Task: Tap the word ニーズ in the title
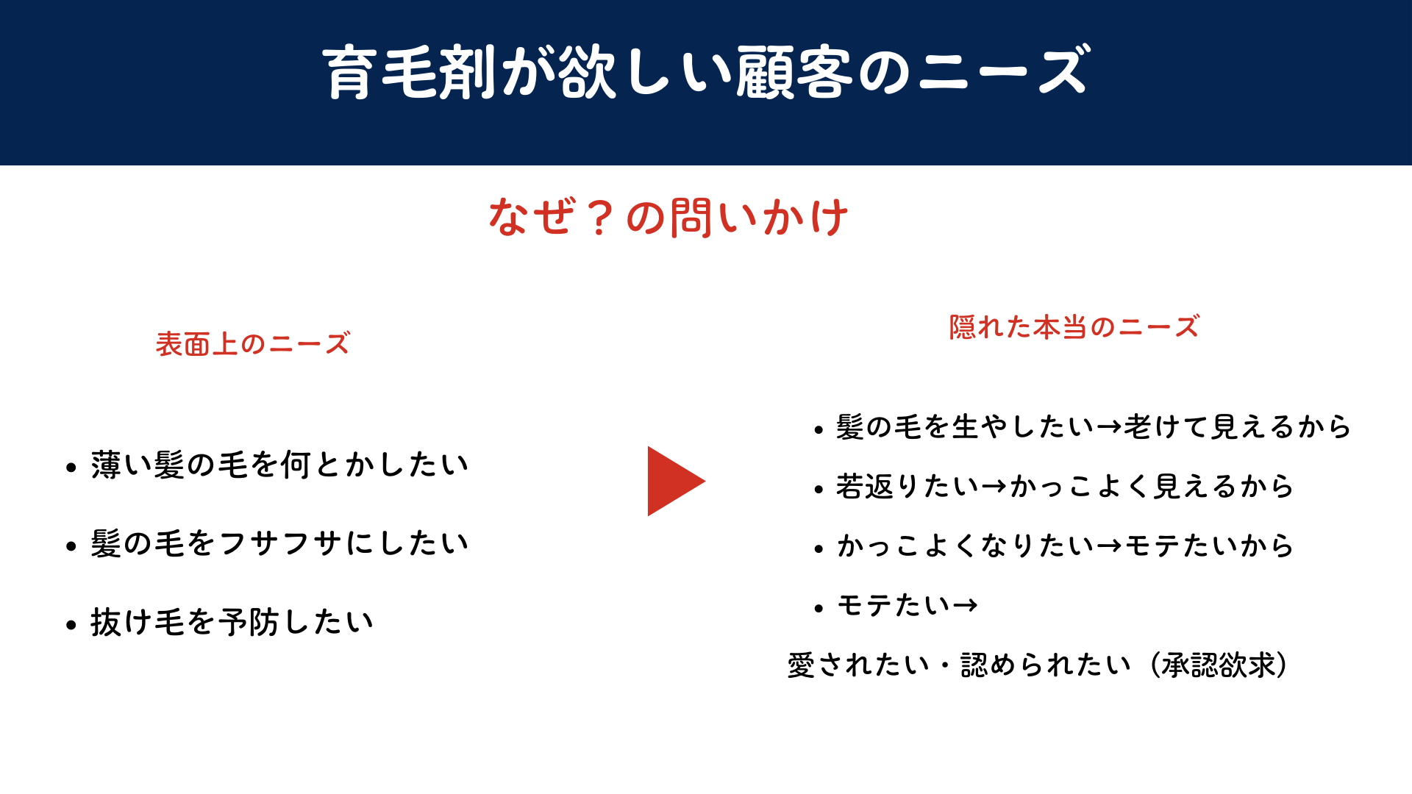click(x=1004, y=72)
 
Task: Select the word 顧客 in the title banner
click(x=794, y=72)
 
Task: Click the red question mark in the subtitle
click(x=600, y=218)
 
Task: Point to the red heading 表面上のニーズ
click(x=252, y=344)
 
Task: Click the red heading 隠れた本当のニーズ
click(x=1074, y=327)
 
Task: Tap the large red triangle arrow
click(x=673, y=481)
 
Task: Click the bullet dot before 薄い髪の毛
click(x=71, y=468)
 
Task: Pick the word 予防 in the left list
click(x=249, y=623)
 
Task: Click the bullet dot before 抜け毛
click(x=71, y=626)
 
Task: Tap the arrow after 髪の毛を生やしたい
click(x=1109, y=427)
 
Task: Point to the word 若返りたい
click(x=908, y=487)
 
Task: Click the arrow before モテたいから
click(x=1109, y=546)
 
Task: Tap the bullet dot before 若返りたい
click(x=819, y=490)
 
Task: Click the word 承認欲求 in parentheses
click(x=1219, y=665)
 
